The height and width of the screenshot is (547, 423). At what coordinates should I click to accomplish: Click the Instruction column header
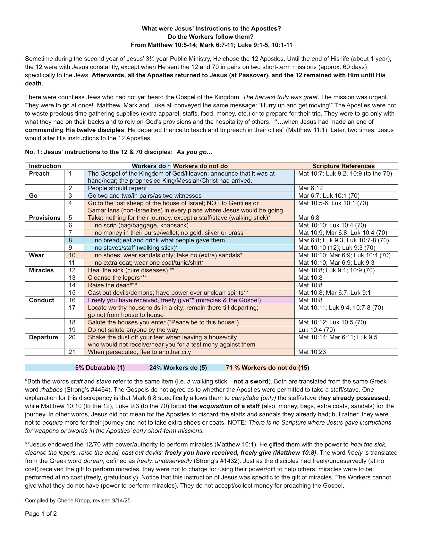[45, 166]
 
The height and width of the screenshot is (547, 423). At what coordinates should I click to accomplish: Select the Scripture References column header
[343, 166]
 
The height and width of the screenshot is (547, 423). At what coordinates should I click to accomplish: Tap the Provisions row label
[45, 218]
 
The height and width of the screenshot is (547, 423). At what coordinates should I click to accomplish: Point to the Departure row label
[44, 337]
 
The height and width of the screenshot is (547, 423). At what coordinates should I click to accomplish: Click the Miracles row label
[41, 270]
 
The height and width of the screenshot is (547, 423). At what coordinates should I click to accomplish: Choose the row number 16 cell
[72, 300]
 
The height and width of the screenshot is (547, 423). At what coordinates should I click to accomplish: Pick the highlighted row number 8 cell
[71, 240]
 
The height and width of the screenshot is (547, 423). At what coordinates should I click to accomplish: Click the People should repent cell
[117, 188]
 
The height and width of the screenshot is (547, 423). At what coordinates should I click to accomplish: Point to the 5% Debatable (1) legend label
[100, 368]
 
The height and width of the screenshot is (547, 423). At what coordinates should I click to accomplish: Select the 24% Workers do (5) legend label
[178, 368]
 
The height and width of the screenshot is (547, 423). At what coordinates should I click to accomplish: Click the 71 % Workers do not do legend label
[267, 368]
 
